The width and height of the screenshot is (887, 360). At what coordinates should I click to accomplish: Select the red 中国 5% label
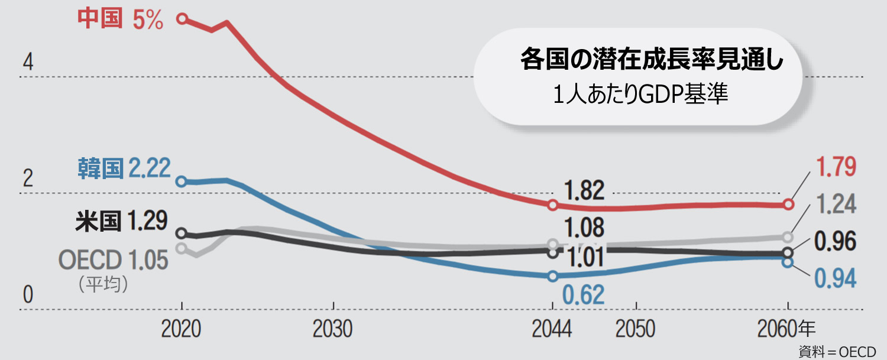tap(120, 20)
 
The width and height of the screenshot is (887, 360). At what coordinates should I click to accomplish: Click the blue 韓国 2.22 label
tap(124, 169)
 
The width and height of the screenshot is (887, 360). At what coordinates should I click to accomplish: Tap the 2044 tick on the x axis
tap(552, 329)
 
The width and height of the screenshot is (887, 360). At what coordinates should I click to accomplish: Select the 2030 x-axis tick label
tap(333, 329)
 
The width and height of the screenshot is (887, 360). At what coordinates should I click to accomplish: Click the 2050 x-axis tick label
tap(636, 329)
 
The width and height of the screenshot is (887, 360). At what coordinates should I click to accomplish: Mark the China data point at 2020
tap(182, 19)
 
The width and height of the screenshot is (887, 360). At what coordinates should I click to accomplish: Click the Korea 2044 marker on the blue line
tap(553, 276)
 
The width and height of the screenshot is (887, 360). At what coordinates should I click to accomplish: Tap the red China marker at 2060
tap(788, 205)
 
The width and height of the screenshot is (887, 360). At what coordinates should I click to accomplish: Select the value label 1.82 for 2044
tap(584, 191)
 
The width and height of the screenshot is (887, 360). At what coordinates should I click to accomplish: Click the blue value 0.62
tap(584, 294)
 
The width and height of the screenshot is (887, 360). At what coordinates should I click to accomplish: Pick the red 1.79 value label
tap(836, 167)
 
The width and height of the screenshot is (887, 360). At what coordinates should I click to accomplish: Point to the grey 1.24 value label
tap(836, 204)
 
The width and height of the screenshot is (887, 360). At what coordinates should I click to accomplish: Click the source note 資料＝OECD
tap(837, 351)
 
